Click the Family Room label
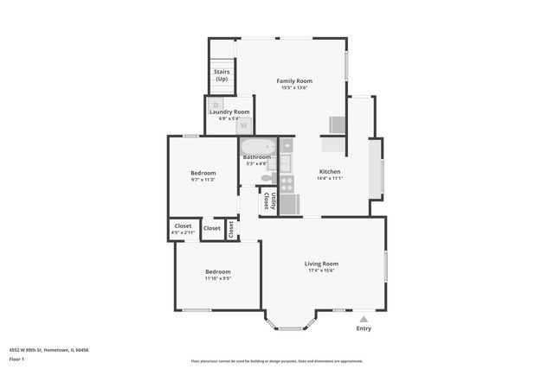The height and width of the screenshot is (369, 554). (x=294, y=80)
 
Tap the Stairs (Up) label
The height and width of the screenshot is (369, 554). (x=222, y=75)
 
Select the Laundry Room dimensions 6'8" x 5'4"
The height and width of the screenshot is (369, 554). (x=228, y=119)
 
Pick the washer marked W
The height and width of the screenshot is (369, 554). (x=243, y=125)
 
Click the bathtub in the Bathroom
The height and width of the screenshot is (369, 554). (x=257, y=146)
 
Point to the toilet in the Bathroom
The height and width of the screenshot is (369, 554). (x=268, y=178)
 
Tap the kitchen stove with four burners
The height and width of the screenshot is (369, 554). (x=287, y=183)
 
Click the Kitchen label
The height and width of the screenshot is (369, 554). (x=330, y=171)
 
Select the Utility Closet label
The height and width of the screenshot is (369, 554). (x=269, y=201)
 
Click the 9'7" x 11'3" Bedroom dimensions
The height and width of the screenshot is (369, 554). (x=203, y=180)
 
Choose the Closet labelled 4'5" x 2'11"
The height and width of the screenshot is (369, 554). (x=183, y=229)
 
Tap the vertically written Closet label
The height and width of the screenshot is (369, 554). (x=231, y=229)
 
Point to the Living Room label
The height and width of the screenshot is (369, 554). (x=321, y=264)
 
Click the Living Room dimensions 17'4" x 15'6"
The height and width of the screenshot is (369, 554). (x=321, y=270)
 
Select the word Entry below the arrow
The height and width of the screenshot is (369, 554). (x=364, y=328)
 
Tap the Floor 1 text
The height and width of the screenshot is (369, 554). (x=16, y=359)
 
